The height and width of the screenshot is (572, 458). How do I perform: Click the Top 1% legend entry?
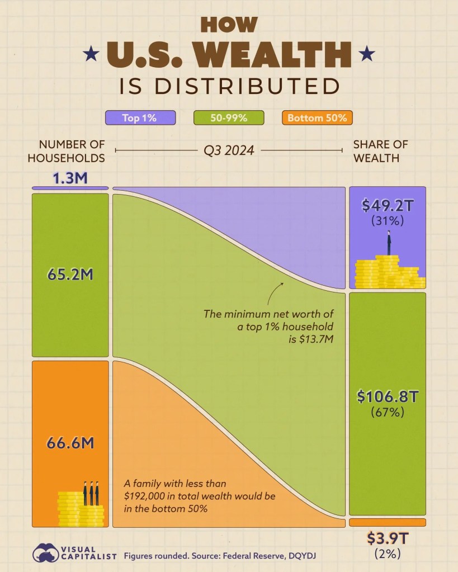point(140,117)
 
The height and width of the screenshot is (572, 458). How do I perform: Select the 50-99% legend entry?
point(229,117)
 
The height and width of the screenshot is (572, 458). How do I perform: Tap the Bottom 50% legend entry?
point(317,117)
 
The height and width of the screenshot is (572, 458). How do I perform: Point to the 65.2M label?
point(70,276)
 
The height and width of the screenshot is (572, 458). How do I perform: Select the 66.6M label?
point(70,443)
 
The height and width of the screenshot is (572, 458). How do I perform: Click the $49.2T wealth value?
point(387,206)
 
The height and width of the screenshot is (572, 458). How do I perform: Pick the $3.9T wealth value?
point(387,538)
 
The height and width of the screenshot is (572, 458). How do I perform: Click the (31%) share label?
point(387,221)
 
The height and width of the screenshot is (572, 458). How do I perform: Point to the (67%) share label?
point(387,413)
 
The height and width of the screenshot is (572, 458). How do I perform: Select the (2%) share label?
point(387,555)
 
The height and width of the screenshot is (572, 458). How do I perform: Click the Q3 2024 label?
point(229,151)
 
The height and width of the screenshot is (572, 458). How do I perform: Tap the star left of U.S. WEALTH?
point(90,54)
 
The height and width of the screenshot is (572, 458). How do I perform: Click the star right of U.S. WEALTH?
point(367,54)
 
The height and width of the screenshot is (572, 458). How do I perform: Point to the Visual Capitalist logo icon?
point(46,554)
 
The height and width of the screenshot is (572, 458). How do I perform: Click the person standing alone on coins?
point(388,243)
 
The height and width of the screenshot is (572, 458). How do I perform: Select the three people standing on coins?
point(91,492)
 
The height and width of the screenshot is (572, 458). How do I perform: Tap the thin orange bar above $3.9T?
point(387,522)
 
